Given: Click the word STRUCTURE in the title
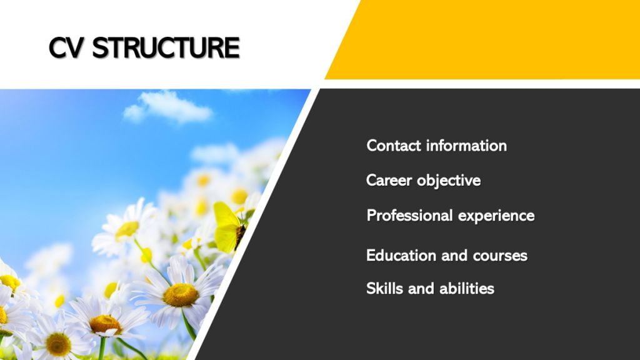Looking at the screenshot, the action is [x=166, y=47].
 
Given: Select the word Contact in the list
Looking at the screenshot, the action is [x=394, y=146].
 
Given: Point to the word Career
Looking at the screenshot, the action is [x=389, y=181].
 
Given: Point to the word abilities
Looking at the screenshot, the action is [x=467, y=289].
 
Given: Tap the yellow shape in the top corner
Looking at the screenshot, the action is [x=482, y=39].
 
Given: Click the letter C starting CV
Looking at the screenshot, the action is [x=57, y=47].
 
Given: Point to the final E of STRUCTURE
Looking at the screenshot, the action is [x=232, y=47].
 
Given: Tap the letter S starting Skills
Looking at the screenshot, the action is [x=371, y=289].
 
